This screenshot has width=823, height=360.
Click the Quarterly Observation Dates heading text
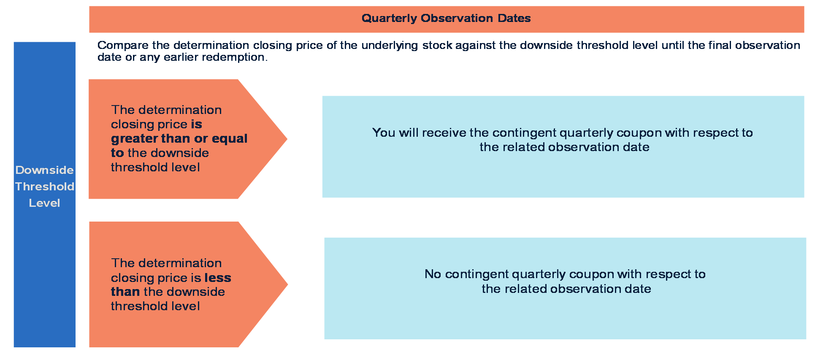446,18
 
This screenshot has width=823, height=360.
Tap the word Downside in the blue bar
44,170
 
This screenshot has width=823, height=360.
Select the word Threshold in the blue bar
45,187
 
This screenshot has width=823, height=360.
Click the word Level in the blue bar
44,203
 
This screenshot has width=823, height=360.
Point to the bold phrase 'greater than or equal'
179,139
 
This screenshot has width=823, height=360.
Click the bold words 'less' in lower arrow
218,278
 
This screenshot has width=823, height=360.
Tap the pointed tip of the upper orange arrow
287,139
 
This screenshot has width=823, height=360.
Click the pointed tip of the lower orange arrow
287,284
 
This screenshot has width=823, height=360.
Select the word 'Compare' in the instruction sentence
123,46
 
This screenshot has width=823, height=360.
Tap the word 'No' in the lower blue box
433,274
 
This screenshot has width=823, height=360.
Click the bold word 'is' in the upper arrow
197,124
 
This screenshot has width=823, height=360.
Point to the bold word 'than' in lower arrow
125,292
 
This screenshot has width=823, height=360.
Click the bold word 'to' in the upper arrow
117,153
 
